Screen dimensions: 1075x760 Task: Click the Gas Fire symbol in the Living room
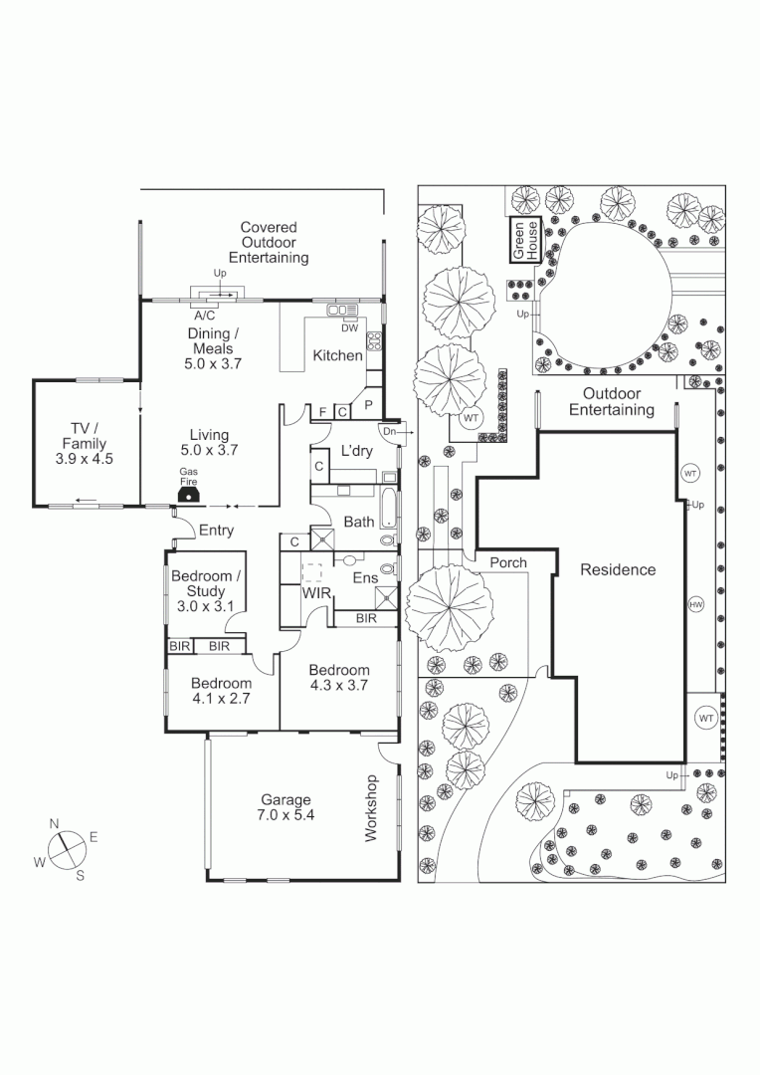(x=186, y=494)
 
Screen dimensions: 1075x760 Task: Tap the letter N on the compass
(x=55, y=822)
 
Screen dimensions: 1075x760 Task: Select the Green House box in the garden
(x=524, y=240)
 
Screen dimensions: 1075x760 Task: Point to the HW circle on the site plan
(x=695, y=604)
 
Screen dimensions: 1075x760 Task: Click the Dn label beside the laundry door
(x=388, y=432)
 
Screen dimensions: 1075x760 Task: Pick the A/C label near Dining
(x=206, y=314)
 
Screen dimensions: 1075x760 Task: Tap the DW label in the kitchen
(x=349, y=327)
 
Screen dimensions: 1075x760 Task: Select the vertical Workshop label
(x=372, y=808)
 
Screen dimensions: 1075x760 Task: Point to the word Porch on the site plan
(x=507, y=562)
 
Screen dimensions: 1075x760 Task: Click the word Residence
(x=618, y=570)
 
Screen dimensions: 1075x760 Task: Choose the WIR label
(x=316, y=593)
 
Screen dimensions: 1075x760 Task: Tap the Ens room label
(x=365, y=578)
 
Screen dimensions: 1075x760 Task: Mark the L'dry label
(x=356, y=450)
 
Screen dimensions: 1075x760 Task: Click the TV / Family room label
(x=84, y=444)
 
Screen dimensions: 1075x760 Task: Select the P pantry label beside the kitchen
(x=368, y=405)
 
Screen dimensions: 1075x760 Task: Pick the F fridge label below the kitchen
(x=322, y=412)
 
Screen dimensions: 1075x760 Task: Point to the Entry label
(x=216, y=531)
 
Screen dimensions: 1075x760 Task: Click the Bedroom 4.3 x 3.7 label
(x=338, y=678)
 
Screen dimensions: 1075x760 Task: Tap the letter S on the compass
(x=81, y=876)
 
